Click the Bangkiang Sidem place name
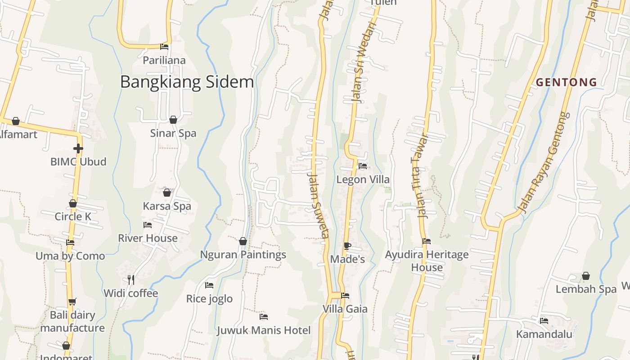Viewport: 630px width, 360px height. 187,82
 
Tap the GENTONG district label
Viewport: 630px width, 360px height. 567,82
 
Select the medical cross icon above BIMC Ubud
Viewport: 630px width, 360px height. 78,148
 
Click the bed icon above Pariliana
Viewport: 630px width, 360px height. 164,46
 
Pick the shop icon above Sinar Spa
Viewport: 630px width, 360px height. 173,120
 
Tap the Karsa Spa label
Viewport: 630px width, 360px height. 167,206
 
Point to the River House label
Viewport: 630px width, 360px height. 148,238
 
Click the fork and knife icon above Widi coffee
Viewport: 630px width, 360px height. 131,280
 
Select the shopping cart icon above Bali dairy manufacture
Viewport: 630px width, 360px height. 72,301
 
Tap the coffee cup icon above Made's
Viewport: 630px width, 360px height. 347,246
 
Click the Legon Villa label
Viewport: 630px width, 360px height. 363,180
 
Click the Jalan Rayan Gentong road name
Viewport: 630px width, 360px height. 543,162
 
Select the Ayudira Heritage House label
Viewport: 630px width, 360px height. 427,261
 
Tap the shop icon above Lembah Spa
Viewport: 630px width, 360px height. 586,276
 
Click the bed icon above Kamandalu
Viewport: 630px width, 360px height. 544,321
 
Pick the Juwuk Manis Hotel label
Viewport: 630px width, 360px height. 264,331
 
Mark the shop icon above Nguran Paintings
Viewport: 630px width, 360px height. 243,241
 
